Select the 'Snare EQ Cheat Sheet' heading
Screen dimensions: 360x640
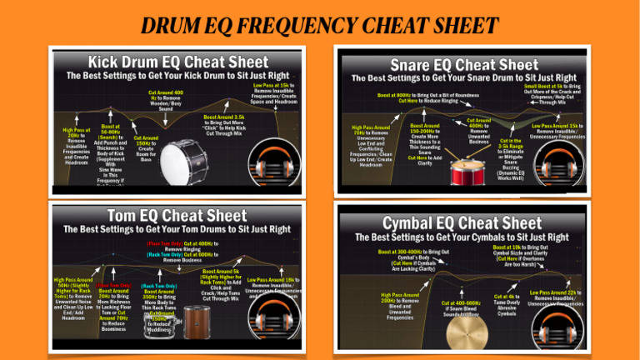click(x=463, y=64)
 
